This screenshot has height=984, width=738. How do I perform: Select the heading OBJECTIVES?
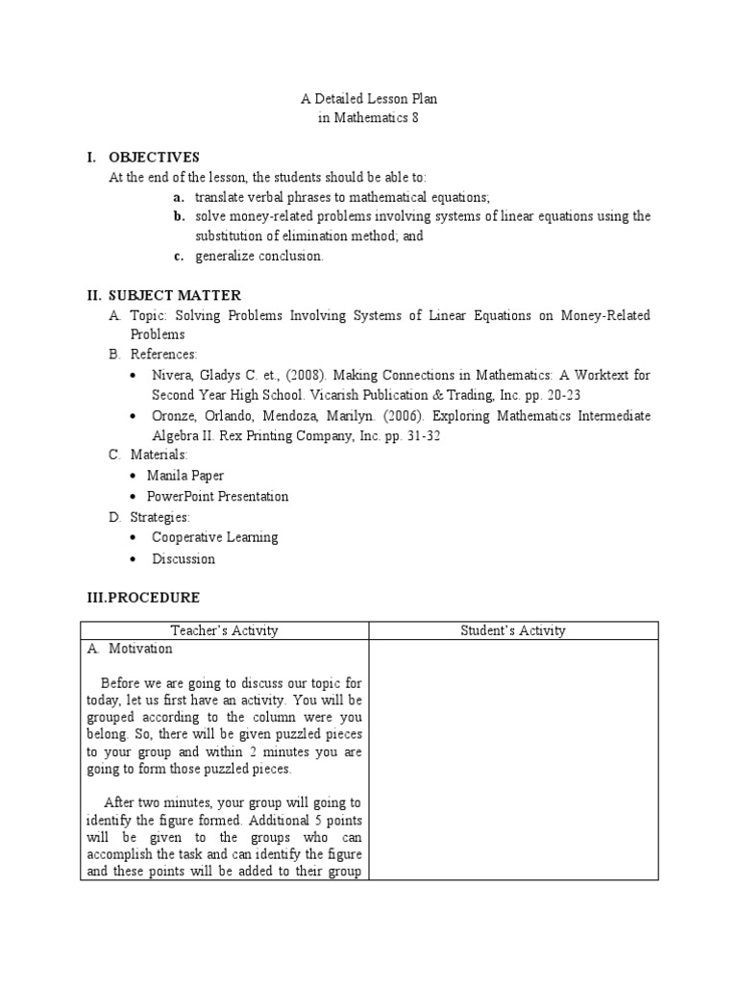coord(154,157)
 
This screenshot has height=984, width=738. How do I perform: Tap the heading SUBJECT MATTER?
coord(174,295)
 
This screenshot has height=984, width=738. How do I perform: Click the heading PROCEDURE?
coord(154,597)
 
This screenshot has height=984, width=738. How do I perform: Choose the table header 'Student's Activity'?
coord(514,630)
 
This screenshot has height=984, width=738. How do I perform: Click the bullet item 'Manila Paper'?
coord(185,475)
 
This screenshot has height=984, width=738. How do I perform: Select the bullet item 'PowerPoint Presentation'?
coord(217,497)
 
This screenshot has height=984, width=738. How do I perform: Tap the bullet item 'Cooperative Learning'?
coord(214,537)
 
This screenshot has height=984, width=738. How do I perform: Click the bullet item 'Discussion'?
coord(184,558)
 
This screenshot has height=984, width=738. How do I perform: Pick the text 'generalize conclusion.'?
coord(259,256)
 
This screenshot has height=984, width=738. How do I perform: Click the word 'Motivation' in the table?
coord(140,649)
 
